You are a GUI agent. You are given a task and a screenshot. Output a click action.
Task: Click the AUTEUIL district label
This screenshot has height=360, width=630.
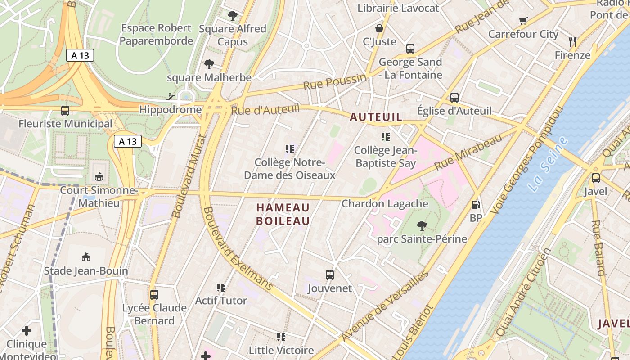[x=376, y=117]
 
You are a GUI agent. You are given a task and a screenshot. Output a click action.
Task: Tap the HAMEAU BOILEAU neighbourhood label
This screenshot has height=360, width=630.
[x=283, y=214]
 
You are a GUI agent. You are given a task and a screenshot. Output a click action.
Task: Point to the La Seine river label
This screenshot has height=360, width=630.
[x=549, y=165]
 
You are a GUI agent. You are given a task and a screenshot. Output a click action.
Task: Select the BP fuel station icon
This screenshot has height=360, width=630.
[x=476, y=205]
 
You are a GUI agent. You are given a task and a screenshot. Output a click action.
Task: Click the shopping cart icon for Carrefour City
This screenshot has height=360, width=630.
[x=523, y=21]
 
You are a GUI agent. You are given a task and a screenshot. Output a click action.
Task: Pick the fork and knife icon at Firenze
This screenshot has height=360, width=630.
[x=572, y=42]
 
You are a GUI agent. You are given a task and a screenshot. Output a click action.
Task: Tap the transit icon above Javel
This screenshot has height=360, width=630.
[x=596, y=178]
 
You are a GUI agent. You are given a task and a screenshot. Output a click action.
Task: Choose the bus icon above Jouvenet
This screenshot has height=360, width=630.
[x=330, y=275]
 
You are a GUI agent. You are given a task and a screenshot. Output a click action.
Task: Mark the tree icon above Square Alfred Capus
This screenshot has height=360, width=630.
[x=233, y=16]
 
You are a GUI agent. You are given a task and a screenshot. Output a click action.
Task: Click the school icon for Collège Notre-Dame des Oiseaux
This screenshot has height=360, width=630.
[x=290, y=148]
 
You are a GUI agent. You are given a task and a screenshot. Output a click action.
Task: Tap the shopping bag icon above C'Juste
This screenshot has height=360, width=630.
[x=379, y=28]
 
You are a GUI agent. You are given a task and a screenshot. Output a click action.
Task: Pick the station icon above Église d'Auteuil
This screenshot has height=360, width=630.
[x=454, y=97]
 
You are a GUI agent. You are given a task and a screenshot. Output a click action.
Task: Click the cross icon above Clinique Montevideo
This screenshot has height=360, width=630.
[x=27, y=331]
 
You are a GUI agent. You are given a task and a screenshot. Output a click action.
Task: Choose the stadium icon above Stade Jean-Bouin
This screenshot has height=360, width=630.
[x=85, y=257]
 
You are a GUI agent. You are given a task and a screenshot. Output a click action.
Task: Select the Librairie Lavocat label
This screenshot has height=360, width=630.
[x=398, y=8]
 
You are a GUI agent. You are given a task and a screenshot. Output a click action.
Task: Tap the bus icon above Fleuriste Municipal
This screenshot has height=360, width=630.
[x=65, y=111]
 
